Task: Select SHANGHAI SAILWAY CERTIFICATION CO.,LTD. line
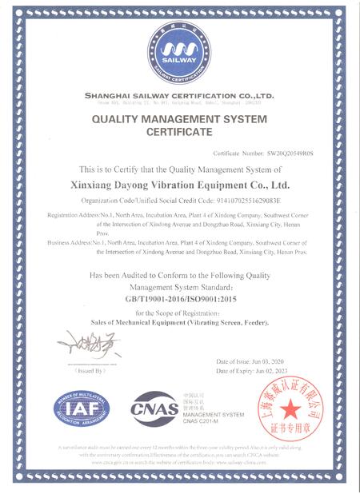pos(179,95)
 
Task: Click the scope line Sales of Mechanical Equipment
pos(179,321)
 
